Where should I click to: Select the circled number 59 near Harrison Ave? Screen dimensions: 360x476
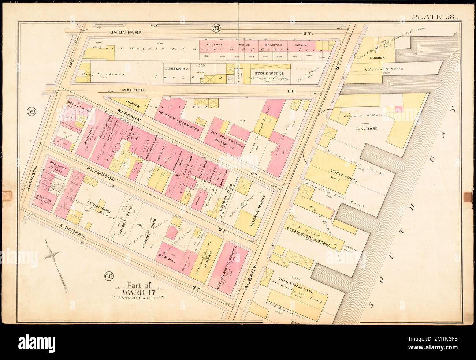(31, 112)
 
